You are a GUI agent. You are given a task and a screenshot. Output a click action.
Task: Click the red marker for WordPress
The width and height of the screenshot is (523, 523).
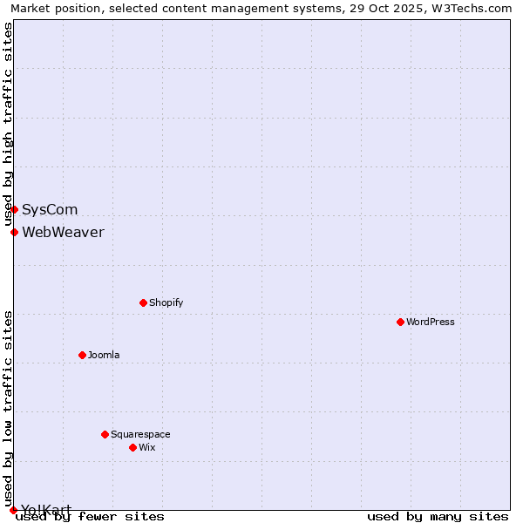[x=400, y=322]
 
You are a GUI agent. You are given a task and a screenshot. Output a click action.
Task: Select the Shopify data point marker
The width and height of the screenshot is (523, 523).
[x=143, y=302]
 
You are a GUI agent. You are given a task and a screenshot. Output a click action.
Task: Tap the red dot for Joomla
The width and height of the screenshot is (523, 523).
[x=82, y=355]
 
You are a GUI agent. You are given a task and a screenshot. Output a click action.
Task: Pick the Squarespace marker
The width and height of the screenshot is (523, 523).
[x=105, y=434]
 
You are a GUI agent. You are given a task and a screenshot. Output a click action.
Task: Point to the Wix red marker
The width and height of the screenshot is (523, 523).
[x=132, y=447]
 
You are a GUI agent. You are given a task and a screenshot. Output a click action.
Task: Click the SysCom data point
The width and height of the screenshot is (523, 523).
[x=14, y=209]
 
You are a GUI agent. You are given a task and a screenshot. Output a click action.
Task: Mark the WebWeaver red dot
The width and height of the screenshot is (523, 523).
[x=14, y=232]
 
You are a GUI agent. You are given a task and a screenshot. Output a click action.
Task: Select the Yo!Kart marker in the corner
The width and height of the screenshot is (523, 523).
[x=13, y=510]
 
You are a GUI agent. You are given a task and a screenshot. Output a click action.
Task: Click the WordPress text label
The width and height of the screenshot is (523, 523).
[x=431, y=322]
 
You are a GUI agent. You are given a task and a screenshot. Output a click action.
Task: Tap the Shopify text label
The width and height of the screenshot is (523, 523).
[x=166, y=302]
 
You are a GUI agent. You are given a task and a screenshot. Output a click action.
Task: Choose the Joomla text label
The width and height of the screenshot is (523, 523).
[x=104, y=355]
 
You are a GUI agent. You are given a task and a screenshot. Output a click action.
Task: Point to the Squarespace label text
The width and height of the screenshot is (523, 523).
[x=140, y=434]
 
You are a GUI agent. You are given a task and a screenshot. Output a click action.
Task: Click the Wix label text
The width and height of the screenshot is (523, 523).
[x=146, y=447]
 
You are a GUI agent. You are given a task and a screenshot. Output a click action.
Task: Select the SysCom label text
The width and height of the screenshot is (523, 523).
[x=50, y=209]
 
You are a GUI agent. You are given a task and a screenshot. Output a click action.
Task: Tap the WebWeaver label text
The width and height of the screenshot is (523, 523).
[x=63, y=232]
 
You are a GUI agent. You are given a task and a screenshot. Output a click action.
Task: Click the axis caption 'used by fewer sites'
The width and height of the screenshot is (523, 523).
[x=90, y=516]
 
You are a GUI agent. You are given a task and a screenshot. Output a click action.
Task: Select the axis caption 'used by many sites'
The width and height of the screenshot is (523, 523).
[x=438, y=516]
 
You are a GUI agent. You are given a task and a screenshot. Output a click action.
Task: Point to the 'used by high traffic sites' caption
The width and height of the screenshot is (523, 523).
[x=8, y=125]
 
